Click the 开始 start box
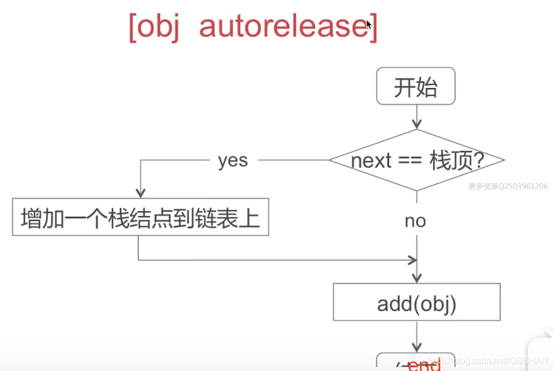[x=416, y=86]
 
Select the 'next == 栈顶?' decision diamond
[x=416, y=161]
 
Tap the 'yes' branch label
[x=233, y=161]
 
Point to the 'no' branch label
[x=415, y=221]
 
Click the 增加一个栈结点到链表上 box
[x=140, y=217]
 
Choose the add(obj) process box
[x=416, y=302]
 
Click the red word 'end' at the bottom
[x=424, y=365]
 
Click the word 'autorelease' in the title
[x=283, y=27]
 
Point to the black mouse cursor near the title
[x=368, y=24]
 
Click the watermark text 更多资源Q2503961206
[x=508, y=187]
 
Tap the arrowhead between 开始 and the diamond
[x=416, y=124]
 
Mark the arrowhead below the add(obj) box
[x=416, y=347]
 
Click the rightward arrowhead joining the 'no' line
[x=412, y=260]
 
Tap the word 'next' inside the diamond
[x=370, y=161]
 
